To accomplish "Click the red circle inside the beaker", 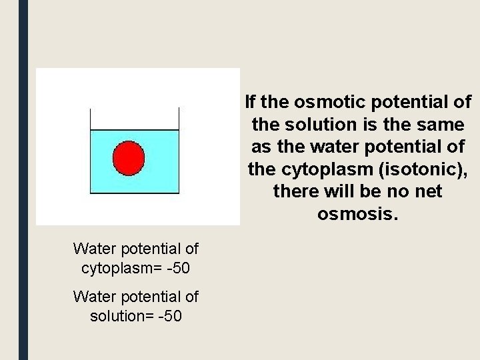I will click(x=129, y=158).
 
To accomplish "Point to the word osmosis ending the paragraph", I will click(x=358, y=215).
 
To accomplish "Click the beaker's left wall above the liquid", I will click(x=91, y=118).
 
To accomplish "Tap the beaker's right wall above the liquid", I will click(x=179, y=118).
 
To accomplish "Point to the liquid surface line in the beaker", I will click(x=135, y=129).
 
